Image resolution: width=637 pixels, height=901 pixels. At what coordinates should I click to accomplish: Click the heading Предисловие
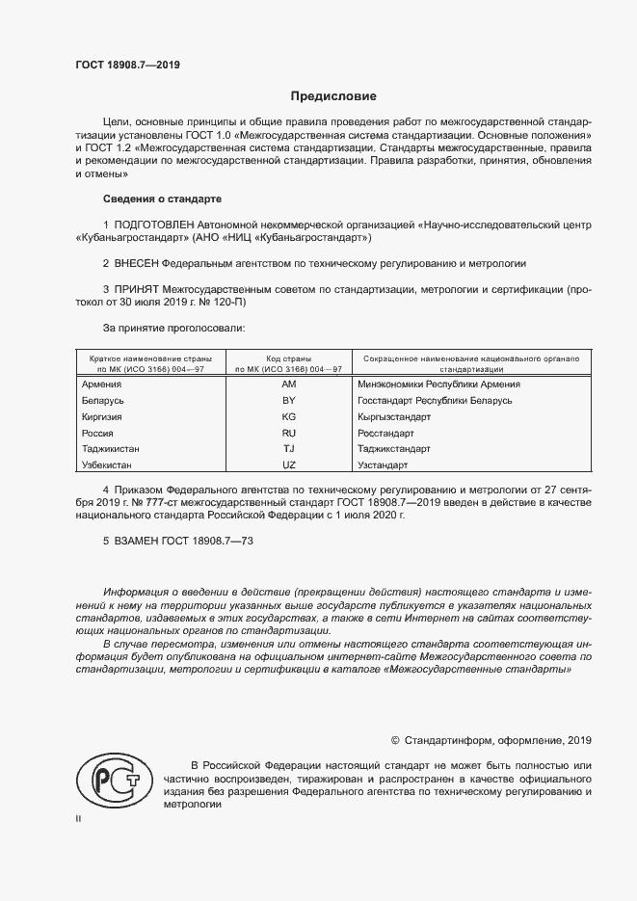point(333,96)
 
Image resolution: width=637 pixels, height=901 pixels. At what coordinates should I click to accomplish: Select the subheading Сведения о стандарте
point(162,199)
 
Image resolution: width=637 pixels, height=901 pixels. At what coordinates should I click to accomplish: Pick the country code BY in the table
point(288,400)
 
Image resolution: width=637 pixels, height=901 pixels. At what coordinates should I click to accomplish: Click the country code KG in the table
point(288,416)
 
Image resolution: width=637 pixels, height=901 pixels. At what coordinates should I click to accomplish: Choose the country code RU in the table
point(288,434)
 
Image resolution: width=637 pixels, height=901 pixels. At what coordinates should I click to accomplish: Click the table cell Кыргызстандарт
point(394,416)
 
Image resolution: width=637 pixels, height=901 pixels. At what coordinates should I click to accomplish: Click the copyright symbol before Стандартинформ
point(395,741)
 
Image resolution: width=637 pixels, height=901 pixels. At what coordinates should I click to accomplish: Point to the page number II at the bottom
point(78,818)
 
